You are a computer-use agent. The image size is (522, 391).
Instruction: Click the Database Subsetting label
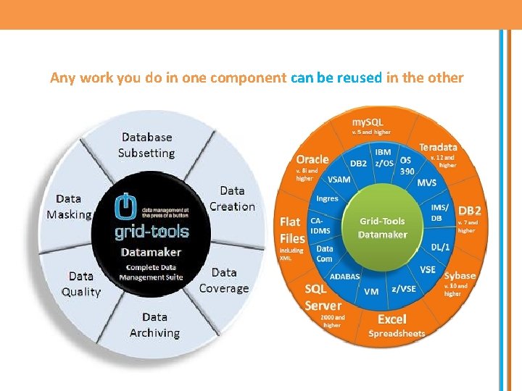146,145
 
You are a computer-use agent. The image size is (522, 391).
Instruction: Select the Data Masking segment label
70,206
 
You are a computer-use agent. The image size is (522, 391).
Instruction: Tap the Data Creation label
232,198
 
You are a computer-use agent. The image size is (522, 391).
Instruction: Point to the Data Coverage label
224,280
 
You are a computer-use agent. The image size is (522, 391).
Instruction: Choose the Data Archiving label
154,325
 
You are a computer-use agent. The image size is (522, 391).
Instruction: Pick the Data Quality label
81,284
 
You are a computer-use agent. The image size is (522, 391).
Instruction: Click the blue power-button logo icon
126,207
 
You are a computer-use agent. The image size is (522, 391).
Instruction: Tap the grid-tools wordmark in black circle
152,232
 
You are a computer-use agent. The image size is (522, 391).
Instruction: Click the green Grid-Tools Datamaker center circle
383,227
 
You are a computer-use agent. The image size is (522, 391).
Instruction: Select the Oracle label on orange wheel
312,159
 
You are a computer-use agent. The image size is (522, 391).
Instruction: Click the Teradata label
438,147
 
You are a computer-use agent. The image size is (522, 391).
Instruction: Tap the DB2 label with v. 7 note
469,211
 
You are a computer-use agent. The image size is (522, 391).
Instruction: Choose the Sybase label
460,275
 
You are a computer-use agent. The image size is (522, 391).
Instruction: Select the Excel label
392,319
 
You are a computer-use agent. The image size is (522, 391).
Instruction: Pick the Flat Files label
292,230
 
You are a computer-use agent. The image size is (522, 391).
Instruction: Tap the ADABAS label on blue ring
344,276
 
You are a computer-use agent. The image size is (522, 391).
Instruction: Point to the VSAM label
339,179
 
